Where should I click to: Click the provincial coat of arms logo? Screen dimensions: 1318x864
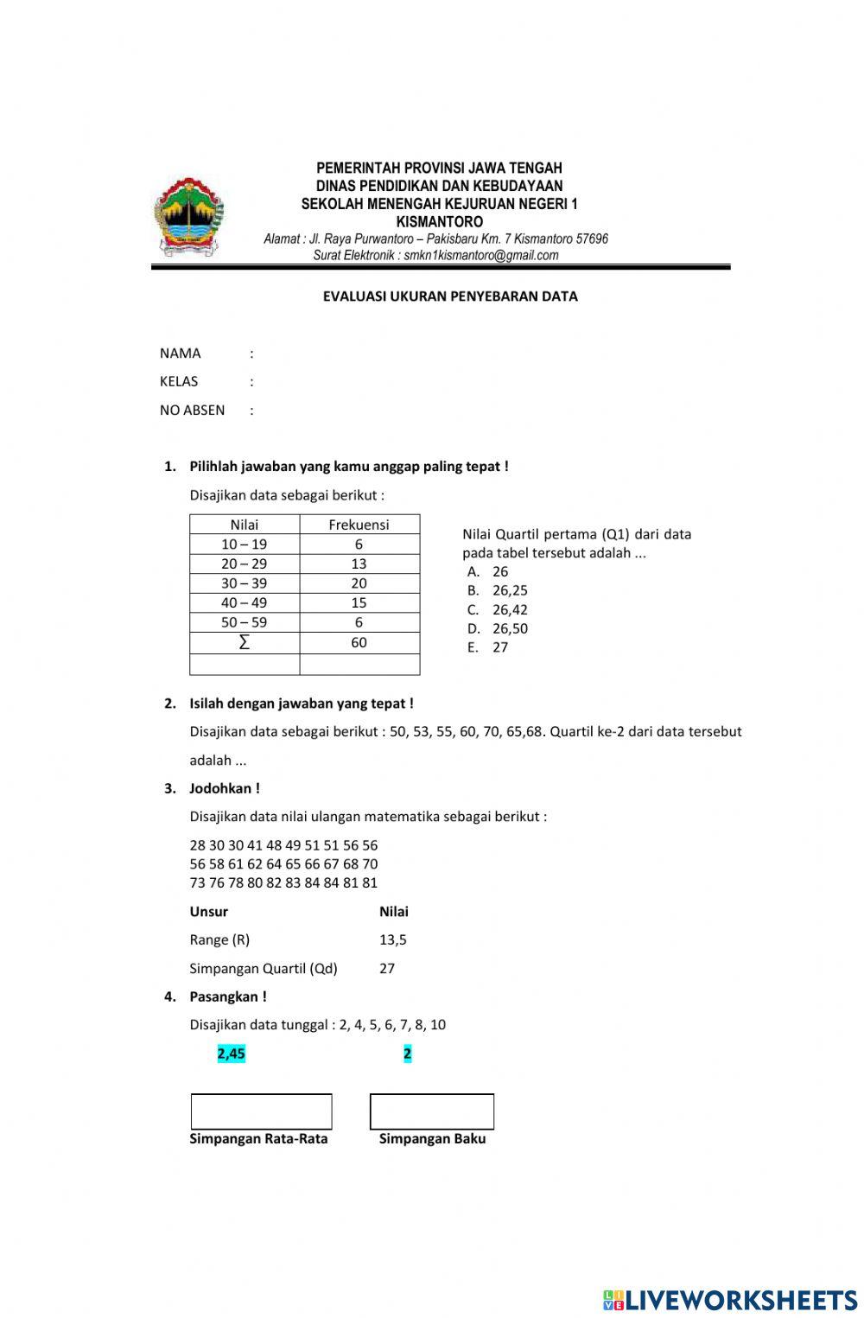click(x=188, y=217)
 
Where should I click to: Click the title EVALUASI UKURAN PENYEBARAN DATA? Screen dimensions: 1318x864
click(x=450, y=296)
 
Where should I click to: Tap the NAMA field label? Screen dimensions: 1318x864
click(x=180, y=353)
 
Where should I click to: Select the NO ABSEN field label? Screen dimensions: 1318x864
click(x=192, y=411)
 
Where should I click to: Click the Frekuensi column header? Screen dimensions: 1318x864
click(x=359, y=525)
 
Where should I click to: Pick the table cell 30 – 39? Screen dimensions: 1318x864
click(x=244, y=583)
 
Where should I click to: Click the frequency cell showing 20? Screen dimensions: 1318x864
click(x=359, y=583)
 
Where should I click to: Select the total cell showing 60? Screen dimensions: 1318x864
click(x=359, y=642)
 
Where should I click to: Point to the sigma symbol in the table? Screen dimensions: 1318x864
click(x=244, y=642)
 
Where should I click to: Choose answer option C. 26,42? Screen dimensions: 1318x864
click(x=499, y=610)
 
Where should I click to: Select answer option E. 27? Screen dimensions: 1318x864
click(x=489, y=647)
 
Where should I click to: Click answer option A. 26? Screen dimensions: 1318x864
click(x=489, y=572)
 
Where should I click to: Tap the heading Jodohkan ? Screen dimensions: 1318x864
click(x=224, y=788)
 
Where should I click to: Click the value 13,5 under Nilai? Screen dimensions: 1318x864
click(x=393, y=939)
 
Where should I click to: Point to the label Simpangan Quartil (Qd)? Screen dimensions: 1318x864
click(x=264, y=969)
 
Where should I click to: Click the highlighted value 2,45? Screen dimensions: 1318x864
click(x=232, y=1054)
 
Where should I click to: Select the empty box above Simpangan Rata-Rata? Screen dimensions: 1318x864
click(x=261, y=1111)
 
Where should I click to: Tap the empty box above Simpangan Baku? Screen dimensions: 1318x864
click(x=432, y=1111)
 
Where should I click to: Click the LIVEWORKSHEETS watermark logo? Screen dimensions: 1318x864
click(x=730, y=1301)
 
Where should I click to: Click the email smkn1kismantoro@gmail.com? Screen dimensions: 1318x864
click(x=481, y=256)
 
